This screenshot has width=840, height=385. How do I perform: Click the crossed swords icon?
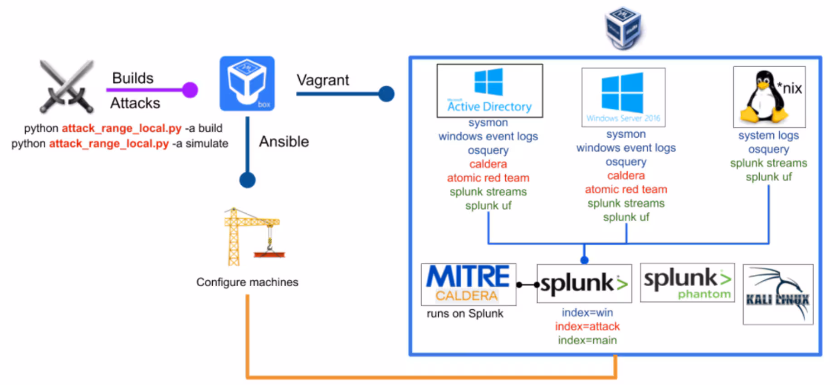[x=67, y=87]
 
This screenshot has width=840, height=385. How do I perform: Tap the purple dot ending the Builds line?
[x=190, y=90]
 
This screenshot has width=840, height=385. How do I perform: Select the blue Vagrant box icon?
[x=247, y=83]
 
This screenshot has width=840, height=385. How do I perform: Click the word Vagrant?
[x=322, y=80]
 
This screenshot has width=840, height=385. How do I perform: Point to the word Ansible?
[x=284, y=142]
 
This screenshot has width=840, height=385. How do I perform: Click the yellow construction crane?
[x=252, y=236]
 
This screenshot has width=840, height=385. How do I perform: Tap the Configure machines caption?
[x=247, y=282]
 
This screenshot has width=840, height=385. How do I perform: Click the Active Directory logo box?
[x=489, y=91]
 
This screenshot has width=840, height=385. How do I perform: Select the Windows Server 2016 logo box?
[x=623, y=97]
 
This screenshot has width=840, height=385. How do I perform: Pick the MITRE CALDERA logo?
[x=468, y=284]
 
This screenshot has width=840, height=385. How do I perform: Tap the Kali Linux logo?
[x=778, y=294]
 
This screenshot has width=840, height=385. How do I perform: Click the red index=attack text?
[x=587, y=327]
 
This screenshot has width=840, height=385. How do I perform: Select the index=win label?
[x=587, y=313]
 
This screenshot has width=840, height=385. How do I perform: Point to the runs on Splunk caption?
[x=465, y=313]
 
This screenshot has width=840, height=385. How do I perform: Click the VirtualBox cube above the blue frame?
[x=624, y=27]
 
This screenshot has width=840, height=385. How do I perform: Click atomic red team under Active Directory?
[x=488, y=178]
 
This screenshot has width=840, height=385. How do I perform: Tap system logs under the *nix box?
[x=768, y=135]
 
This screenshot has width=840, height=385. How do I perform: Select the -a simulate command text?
[x=200, y=144]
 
